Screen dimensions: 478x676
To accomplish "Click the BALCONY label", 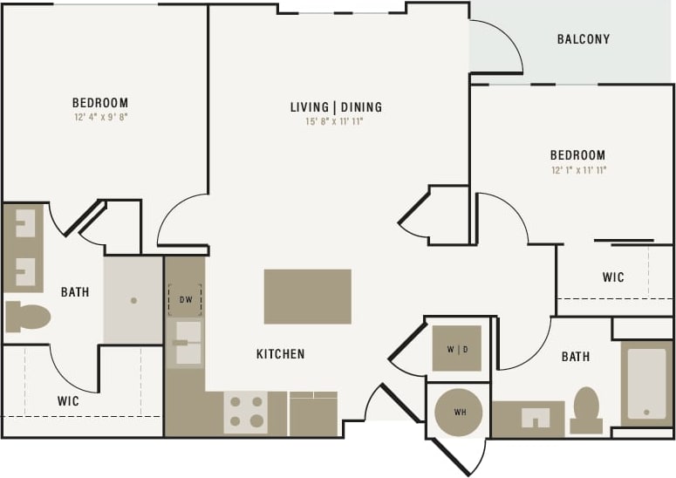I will [x=583, y=39].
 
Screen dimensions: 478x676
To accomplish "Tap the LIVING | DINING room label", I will [x=336, y=107].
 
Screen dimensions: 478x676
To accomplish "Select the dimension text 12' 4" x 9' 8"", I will [x=100, y=116].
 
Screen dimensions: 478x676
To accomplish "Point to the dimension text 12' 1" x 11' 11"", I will [x=577, y=170].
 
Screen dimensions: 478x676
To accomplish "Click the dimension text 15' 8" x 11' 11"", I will [x=334, y=122].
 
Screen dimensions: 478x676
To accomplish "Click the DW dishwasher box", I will [x=185, y=299].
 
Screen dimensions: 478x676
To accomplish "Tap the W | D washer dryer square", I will [x=456, y=348].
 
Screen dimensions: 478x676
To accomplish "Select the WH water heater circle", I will [x=458, y=412].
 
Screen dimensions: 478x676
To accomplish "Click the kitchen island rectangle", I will [x=307, y=297].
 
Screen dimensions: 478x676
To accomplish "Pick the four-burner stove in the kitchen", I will [x=245, y=412].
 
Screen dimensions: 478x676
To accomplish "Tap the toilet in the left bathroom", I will [x=28, y=316].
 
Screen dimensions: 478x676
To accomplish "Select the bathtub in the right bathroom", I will [x=646, y=384].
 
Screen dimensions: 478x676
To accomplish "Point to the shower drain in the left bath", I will [x=133, y=300].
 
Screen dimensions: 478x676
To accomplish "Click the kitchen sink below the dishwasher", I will [x=187, y=343].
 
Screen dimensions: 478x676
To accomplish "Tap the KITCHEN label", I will [x=280, y=354].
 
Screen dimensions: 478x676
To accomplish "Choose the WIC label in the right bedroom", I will [x=613, y=277].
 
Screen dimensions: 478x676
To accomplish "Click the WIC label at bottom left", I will [x=68, y=401].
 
